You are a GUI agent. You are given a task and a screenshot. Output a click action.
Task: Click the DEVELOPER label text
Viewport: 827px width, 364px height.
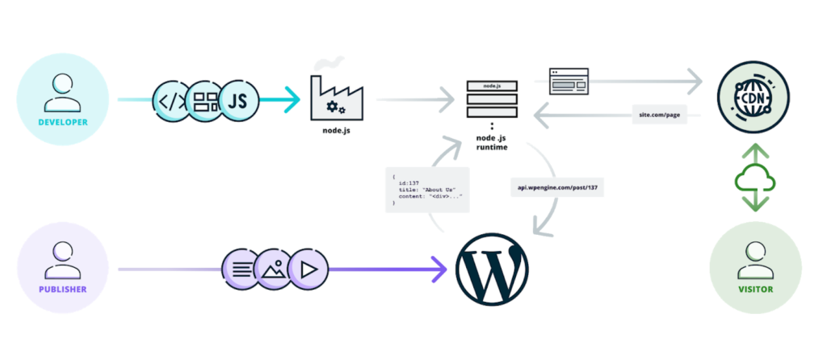[x=62, y=123]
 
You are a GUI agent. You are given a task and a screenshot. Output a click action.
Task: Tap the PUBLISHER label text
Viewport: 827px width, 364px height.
[x=62, y=288]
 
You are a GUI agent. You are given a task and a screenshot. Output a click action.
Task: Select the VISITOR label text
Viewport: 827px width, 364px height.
[x=755, y=288]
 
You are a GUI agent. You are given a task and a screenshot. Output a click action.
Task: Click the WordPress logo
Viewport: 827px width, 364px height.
[x=492, y=269]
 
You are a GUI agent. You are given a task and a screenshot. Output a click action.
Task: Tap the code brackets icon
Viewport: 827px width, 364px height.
[x=171, y=102]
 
